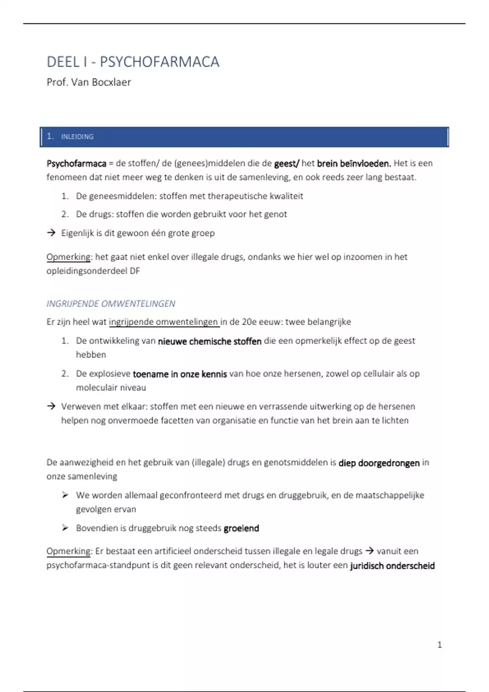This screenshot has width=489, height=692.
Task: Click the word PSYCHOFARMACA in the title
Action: click(159, 62)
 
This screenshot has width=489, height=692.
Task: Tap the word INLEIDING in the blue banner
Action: click(77, 137)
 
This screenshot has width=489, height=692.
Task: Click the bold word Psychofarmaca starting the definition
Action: click(76, 164)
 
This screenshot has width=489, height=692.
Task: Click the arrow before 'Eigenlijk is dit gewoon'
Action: click(51, 233)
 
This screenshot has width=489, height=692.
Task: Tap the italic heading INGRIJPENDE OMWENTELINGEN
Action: click(111, 304)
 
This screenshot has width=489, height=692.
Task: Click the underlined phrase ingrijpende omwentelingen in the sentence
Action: click(163, 322)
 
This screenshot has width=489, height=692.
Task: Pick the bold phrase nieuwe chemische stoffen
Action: click(209, 341)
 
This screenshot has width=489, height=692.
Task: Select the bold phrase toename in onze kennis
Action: click(180, 374)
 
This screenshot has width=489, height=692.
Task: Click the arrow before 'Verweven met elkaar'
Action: click(51, 406)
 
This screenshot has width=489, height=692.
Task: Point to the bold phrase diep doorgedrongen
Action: click(379, 463)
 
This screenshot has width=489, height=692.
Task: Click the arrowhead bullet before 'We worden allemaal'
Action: click(65, 495)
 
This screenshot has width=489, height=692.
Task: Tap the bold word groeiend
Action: click(241, 528)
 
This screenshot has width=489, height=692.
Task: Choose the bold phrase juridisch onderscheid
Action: click(392, 566)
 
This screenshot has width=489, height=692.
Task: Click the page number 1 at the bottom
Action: click(439, 645)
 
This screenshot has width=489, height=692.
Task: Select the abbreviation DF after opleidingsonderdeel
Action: click(135, 271)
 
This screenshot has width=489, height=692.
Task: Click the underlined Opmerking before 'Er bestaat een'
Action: click(68, 551)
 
